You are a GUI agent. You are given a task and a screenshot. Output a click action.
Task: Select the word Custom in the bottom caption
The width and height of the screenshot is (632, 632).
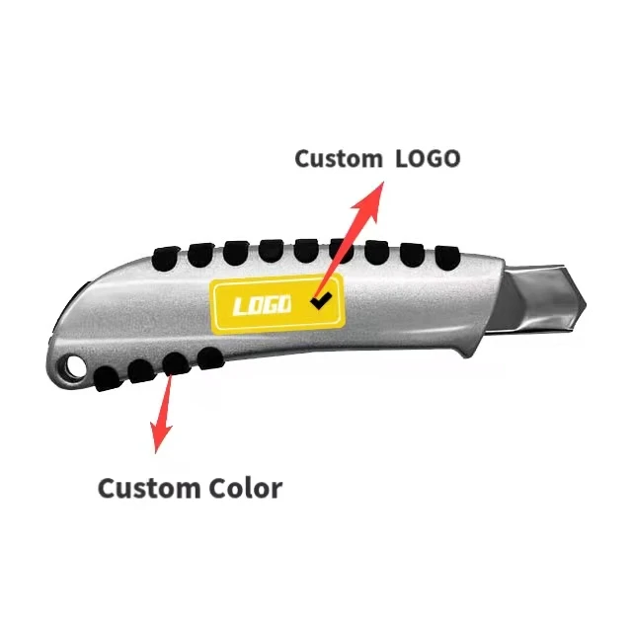[147, 488]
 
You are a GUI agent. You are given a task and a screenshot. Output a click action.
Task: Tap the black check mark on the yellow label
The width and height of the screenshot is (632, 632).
[319, 301]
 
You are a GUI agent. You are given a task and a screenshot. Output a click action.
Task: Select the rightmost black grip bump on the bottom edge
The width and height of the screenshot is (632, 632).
[209, 356]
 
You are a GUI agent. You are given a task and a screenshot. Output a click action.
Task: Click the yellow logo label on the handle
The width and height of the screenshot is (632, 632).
[276, 304]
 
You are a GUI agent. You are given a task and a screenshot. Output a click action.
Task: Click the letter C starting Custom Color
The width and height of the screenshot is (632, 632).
[108, 488]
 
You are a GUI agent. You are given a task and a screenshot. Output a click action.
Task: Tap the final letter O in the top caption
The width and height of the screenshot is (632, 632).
[448, 158]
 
